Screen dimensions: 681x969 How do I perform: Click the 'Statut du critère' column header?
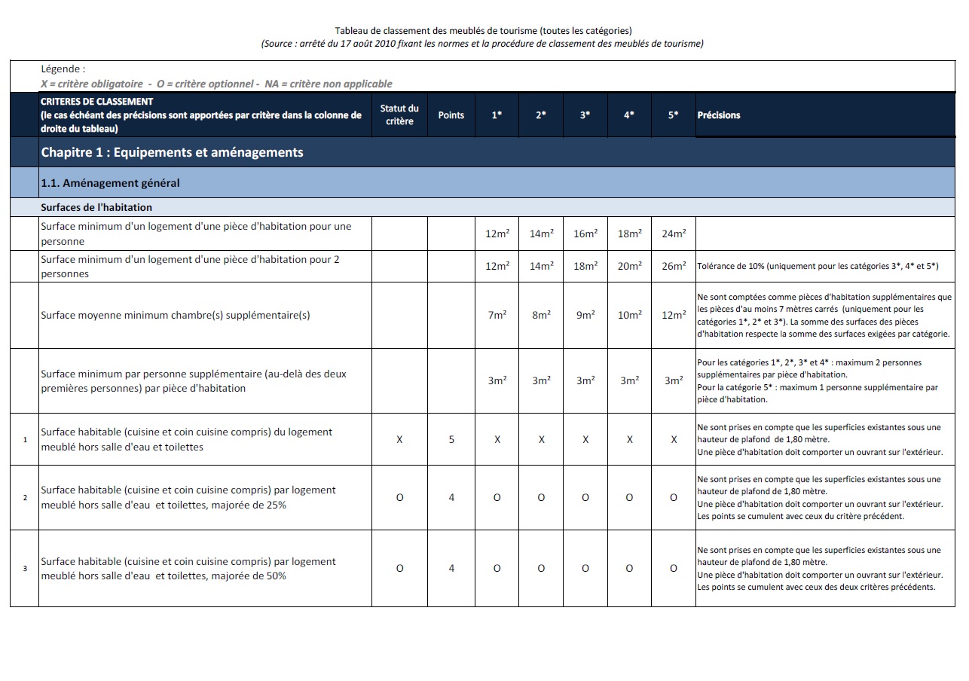pyautogui.click(x=399, y=115)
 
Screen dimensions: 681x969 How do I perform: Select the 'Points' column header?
pyautogui.click(x=451, y=115)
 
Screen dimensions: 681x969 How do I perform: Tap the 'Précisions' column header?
pyautogui.click(x=719, y=115)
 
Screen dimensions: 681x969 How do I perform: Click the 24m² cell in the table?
pyautogui.click(x=674, y=234)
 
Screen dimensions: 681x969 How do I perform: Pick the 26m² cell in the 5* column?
pyautogui.click(x=674, y=267)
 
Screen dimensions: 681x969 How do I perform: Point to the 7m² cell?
pyautogui.click(x=497, y=316)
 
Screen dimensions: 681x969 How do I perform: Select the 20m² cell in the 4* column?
pyautogui.click(x=629, y=267)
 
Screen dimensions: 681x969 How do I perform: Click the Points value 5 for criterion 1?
pyautogui.click(x=451, y=440)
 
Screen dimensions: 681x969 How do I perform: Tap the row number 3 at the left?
pyautogui.click(x=25, y=569)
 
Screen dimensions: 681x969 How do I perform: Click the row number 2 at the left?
pyautogui.click(x=25, y=498)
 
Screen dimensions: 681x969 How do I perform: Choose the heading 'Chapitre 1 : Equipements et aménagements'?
pyautogui.click(x=172, y=153)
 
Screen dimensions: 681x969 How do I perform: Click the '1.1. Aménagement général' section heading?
pyautogui.click(x=110, y=183)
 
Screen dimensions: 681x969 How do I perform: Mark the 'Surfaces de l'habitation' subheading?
pyautogui.click(x=96, y=208)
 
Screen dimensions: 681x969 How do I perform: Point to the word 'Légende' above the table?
pyautogui.click(x=63, y=69)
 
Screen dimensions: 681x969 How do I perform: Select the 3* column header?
pyautogui.click(x=585, y=115)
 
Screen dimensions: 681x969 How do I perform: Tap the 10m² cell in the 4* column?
pyautogui.click(x=629, y=316)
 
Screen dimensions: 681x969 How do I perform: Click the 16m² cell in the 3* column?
pyautogui.click(x=585, y=234)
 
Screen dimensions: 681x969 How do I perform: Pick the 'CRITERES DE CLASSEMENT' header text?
pyautogui.click(x=97, y=102)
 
